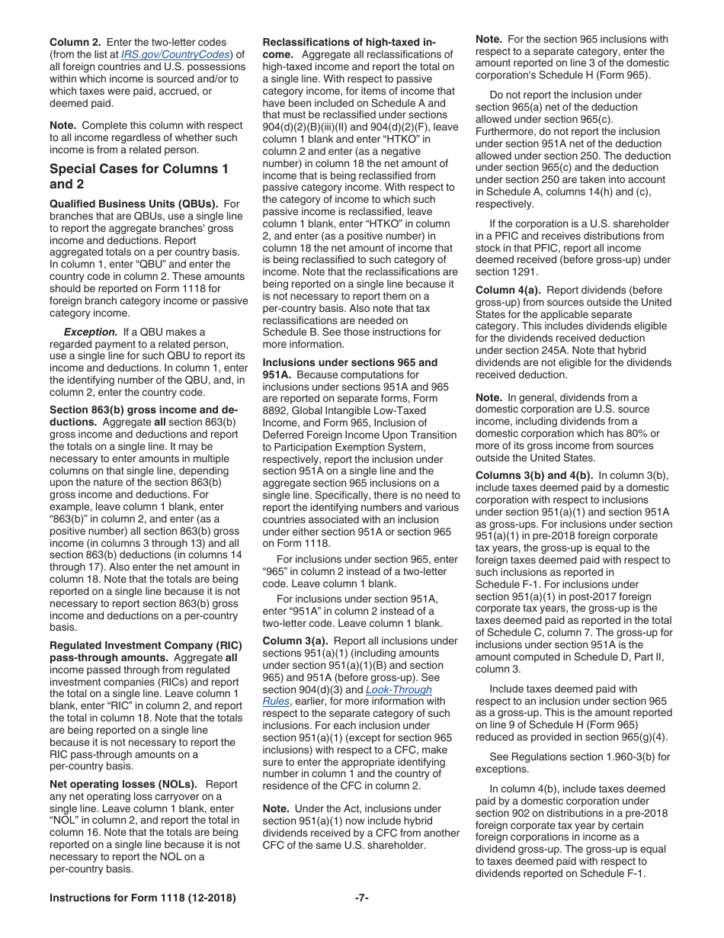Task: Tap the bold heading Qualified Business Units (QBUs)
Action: click(133, 204)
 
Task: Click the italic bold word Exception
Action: click(91, 332)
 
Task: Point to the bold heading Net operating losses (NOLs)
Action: click(123, 784)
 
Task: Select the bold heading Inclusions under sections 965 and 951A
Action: click(350, 368)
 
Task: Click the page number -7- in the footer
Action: click(362, 898)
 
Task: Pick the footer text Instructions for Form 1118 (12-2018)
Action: click(143, 898)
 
